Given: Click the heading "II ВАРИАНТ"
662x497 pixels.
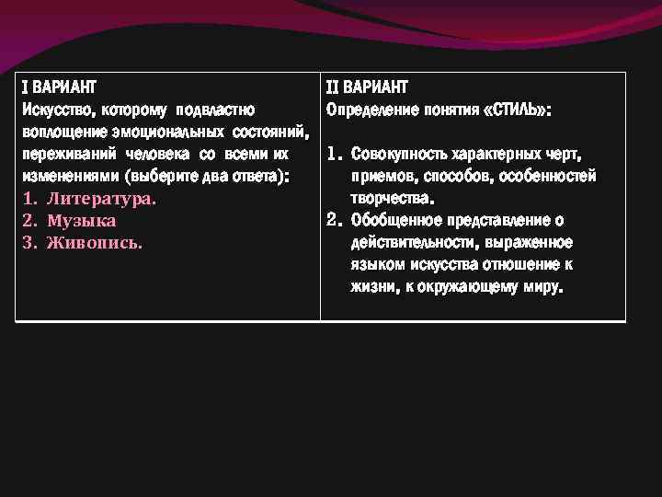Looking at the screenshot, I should (367, 87).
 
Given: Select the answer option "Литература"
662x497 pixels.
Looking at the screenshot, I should (101, 199).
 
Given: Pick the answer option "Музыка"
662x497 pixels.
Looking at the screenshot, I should (82, 221).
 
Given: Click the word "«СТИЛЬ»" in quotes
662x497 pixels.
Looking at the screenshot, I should (516, 110).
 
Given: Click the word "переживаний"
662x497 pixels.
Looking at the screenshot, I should (65, 154).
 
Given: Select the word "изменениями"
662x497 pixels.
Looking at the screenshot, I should (69, 176).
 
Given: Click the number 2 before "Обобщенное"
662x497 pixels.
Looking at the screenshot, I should (334, 220).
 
